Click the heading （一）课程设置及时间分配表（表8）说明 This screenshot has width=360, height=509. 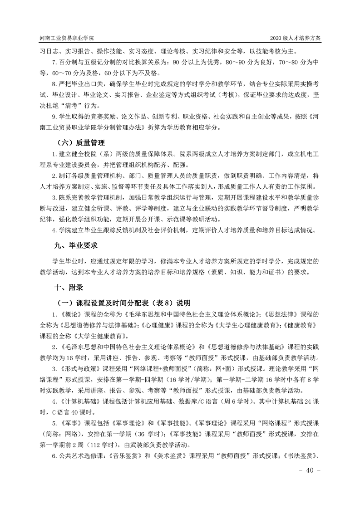pyautogui.click(x=123, y=303)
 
